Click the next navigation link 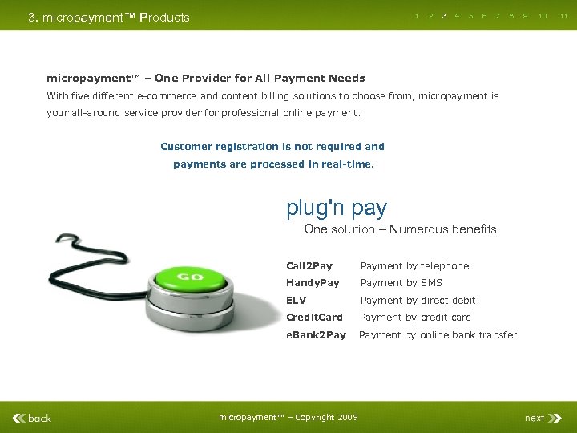coord(535,418)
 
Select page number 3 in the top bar coord(444,16)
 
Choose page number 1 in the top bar coord(417,16)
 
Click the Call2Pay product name coord(309,266)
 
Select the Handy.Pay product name coord(313,283)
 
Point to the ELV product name coord(297,301)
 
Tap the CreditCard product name coord(314,318)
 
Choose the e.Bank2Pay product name coord(316,335)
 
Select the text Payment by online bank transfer coord(438,335)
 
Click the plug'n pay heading coord(337,208)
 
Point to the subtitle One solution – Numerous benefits coord(400,229)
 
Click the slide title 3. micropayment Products coord(109,18)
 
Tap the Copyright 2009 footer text coord(288,417)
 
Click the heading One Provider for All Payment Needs coord(205,79)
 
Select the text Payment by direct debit coord(418,301)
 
